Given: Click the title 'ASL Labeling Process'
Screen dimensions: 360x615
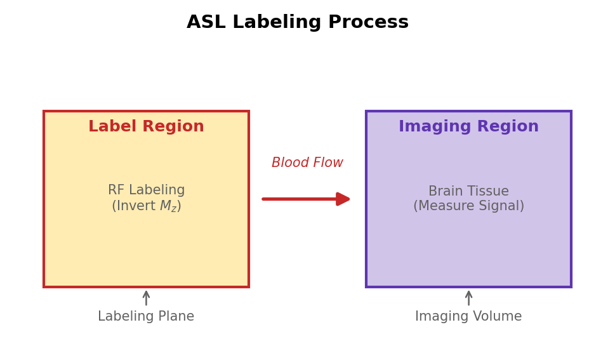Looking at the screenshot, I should pyautogui.click(x=297, y=23).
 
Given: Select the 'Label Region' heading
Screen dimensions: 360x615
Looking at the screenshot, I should pyautogui.click(x=146, y=127).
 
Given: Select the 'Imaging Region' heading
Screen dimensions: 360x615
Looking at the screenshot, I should pyautogui.click(x=468, y=127).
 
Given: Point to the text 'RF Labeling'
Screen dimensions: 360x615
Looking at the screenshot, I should pyautogui.click(x=146, y=190).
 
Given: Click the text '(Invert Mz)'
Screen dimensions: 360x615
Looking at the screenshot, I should pyautogui.click(x=146, y=206).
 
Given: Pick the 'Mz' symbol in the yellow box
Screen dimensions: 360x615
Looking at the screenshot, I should pyautogui.click(x=169, y=207).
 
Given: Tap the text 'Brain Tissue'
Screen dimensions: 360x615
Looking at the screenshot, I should pyautogui.click(x=468, y=191).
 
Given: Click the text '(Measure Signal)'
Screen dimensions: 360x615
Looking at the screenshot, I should pyautogui.click(x=468, y=206).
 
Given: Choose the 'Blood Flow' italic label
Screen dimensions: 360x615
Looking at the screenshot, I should pyautogui.click(x=307, y=163).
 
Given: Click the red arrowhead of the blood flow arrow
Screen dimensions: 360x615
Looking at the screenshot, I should pyautogui.click(x=343, y=199).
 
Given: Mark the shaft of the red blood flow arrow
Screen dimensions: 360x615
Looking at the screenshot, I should pyautogui.click(x=298, y=199).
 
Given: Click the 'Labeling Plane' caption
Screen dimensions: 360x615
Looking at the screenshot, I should pyautogui.click(x=146, y=317).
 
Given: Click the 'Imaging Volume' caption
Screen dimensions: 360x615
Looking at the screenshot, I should pyautogui.click(x=468, y=317).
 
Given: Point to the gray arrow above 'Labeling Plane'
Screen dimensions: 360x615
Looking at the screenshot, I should pyautogui.click(x=146, y=298).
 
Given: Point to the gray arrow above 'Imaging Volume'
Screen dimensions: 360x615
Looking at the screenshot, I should pyautogui.click(x=468, y=298).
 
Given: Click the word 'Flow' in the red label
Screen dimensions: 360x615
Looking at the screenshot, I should pyautogui.click(x=327, y=163).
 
